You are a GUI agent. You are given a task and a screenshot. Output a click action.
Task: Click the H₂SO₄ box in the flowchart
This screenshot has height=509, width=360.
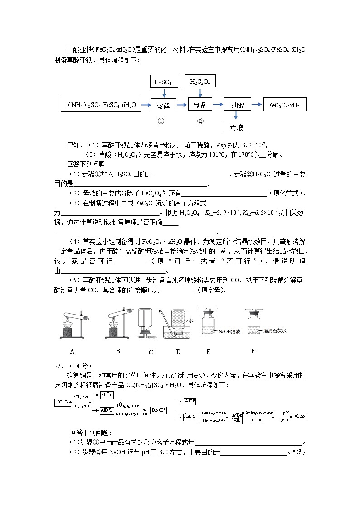point(164,82)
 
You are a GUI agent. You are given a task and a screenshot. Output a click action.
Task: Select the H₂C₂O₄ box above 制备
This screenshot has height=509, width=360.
point(200,82)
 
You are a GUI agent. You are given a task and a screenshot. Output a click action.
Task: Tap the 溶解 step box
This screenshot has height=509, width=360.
point(164,105)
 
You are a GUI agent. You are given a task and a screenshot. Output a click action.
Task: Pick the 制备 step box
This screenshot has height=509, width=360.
point(200,105)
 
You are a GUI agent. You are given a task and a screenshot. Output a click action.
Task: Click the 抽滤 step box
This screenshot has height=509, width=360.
point(238,105)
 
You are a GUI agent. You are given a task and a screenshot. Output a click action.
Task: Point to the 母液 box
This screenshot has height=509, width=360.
point(237,128)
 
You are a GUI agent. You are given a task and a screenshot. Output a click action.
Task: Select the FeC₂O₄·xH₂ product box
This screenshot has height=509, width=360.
point(284,105)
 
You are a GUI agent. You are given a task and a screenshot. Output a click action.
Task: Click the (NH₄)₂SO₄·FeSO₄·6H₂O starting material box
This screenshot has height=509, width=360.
point(101,105)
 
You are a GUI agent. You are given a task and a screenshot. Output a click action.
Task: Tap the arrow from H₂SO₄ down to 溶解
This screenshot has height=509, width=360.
point(164,93)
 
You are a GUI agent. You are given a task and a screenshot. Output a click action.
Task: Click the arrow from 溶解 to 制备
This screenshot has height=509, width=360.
point(182,105)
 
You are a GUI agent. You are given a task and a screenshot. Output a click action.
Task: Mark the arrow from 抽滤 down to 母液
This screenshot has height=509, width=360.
point(238,116)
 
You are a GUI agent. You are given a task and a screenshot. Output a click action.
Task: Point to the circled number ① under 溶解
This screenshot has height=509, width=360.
point(161,121)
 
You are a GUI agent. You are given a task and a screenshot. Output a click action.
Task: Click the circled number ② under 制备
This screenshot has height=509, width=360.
point(200,121)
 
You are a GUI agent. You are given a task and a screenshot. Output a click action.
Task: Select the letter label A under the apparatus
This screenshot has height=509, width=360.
point(72,351)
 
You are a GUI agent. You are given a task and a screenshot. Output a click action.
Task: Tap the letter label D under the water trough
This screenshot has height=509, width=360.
point(178,352)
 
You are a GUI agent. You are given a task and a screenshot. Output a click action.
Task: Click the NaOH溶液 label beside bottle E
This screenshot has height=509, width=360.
point(229,332)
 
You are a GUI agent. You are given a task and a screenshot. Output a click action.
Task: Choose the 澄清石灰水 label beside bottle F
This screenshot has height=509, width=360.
point(275,331)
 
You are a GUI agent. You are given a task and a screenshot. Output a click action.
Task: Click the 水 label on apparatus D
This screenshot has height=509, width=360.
point(191,320)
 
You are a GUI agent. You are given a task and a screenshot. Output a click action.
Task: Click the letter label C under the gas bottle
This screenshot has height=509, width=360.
point(151,352)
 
